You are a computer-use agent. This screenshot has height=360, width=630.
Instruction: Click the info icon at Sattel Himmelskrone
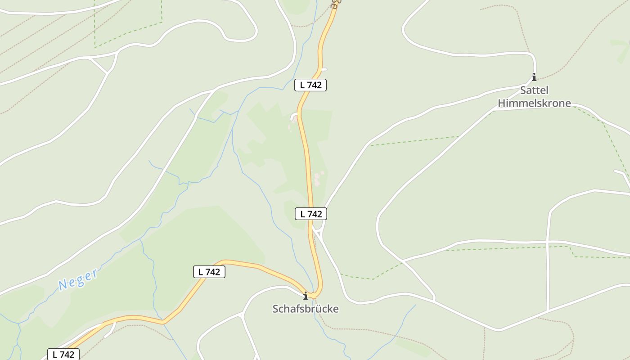534,77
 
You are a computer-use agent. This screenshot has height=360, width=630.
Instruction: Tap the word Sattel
534,90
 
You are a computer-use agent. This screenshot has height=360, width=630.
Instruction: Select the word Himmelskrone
534,103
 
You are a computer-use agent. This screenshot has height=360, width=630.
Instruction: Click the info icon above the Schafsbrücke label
306,296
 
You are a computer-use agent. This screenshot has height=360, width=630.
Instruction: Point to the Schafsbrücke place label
306,309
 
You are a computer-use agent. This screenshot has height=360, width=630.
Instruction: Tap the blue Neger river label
78,279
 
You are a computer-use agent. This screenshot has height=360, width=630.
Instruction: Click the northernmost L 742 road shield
310,85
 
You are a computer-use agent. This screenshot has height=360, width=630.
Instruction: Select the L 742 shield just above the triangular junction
311,214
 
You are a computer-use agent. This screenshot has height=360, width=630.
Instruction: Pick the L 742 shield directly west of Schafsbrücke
209,272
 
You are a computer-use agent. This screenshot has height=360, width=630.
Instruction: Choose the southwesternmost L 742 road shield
63,354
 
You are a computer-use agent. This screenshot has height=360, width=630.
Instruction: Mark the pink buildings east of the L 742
318,178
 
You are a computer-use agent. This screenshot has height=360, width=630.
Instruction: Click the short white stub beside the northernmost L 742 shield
324,69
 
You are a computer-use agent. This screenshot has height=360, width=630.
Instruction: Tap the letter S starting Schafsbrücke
275,309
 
